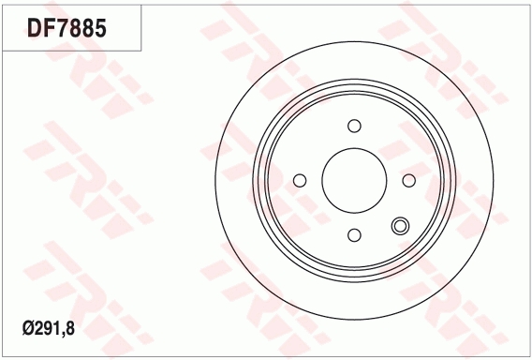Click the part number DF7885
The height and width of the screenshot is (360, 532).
click(66, 28)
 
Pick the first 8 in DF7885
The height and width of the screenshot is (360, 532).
click(76, 28)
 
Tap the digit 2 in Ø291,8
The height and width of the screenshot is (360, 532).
click(38, 329)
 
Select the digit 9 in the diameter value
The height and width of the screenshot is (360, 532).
click(48, 329)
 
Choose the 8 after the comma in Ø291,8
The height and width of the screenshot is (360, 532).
click(70, 329)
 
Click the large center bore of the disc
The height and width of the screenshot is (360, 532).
click(354, 180)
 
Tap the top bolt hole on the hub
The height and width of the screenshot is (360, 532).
click(354, 126)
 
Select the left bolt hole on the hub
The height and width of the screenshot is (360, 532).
click(300, 180)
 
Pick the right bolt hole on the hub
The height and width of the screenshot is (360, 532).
click(408, 180)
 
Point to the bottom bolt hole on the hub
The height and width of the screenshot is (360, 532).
click(354, 234)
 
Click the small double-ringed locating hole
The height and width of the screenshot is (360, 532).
click(401, 225)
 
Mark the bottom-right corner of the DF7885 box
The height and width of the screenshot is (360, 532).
click(141, 50)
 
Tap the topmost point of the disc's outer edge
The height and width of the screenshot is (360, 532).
click(354, 42)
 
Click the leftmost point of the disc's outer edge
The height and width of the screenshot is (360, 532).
click(215, 180)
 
